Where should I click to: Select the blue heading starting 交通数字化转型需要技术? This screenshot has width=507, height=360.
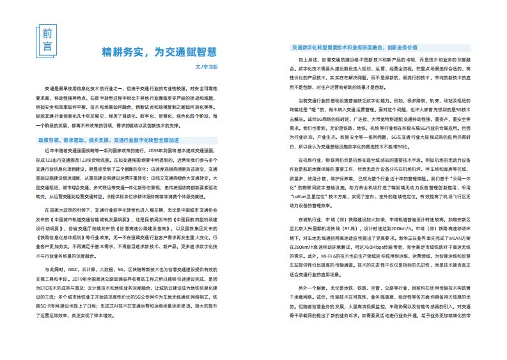354,48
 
